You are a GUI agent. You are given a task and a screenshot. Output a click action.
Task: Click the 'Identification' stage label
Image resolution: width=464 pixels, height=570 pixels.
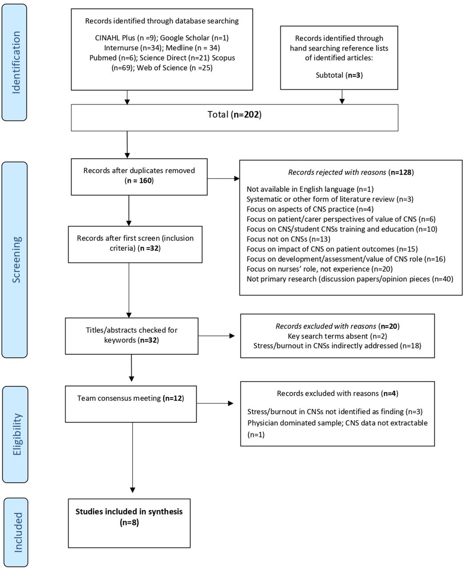tap(16, 62)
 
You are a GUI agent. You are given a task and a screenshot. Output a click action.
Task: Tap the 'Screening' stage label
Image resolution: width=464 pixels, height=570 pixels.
tap(16, 260)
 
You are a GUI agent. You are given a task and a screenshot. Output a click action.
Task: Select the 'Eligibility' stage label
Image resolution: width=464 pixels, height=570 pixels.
tap(17, 434)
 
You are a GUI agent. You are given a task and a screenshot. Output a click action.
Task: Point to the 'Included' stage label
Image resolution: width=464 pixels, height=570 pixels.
tap(18, 532)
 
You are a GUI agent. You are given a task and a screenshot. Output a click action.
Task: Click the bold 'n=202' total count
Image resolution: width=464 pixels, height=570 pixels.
tap(246, 114)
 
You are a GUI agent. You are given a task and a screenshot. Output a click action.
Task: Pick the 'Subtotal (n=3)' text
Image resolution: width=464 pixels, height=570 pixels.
tap(339, 75)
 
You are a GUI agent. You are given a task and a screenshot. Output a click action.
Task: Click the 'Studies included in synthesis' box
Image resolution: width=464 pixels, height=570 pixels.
tap(129, 523)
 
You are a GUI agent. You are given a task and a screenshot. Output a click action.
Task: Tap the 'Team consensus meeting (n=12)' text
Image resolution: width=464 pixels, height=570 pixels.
tap(131, 398)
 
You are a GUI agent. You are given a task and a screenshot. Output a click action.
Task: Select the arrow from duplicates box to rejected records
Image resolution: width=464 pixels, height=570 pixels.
tap(223, 178)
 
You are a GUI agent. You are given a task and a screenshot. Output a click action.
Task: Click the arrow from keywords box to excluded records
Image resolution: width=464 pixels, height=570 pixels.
tap(216, 336)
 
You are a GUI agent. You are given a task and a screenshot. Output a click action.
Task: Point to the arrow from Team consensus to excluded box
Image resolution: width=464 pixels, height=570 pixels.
tap(215, 403)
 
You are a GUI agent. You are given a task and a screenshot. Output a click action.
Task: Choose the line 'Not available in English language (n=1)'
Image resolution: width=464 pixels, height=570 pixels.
tap(310, 189)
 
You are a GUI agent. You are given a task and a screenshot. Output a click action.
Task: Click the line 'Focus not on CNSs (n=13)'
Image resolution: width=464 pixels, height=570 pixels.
tap(288, 239)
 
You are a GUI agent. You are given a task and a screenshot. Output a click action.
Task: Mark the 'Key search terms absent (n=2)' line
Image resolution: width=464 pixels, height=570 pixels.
tap(337, 336)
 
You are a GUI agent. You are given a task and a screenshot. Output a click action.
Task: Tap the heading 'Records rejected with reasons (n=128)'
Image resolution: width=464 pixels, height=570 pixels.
tap(351, 172)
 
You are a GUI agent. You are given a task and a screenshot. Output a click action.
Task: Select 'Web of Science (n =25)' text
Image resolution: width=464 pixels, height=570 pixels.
tap(175, 68)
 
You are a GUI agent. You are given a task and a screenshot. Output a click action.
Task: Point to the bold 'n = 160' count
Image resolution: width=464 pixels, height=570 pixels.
tap(139, 181)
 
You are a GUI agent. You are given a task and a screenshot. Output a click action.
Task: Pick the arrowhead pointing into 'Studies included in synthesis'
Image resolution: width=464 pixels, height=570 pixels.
tap(132, 490)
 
